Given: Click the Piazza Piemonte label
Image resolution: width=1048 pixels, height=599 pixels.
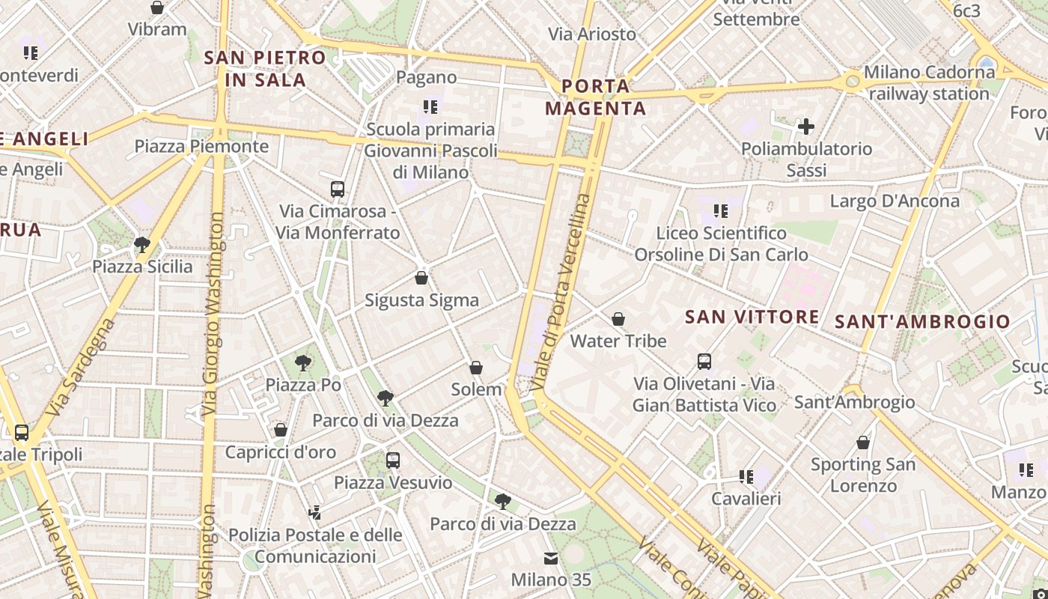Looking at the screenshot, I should tap(201, 146).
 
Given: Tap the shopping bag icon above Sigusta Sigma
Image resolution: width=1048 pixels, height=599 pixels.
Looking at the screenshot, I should tap(421, 279).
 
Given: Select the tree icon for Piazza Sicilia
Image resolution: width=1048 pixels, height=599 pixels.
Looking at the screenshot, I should tap(141, 244).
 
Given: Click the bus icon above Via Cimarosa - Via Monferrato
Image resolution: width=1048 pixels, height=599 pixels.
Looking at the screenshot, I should tap(338, 189).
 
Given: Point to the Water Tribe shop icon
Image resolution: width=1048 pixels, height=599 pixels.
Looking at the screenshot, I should tap(618, 320).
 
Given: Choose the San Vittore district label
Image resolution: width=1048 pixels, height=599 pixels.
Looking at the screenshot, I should tap(752, 317).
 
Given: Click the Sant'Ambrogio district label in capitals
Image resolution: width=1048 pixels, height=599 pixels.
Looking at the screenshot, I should tap(922, 322).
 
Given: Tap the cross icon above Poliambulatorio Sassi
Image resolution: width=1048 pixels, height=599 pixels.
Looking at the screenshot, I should tap(806, 126).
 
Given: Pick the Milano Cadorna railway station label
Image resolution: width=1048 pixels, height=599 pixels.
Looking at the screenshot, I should tap(930, 83).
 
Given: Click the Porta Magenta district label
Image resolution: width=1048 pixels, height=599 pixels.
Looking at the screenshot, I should tap(595, 97).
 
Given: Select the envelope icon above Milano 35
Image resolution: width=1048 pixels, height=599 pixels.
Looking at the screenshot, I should tap(551, 558).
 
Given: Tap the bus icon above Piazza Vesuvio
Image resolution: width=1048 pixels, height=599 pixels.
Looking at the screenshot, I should tap(393, 460).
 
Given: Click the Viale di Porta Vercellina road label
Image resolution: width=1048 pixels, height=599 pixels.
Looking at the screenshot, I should tap(561, 292).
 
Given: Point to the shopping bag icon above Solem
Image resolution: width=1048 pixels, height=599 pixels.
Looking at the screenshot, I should tap(476, 368).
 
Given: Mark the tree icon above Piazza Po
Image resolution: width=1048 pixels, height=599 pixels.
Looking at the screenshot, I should tap(303, 363).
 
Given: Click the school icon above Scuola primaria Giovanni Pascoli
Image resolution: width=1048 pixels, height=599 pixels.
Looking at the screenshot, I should tap(430, 107).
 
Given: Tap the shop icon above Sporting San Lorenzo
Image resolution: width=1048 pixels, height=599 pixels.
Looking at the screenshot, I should tap(863, 443).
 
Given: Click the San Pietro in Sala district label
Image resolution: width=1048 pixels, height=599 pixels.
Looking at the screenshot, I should tap(265, 68).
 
